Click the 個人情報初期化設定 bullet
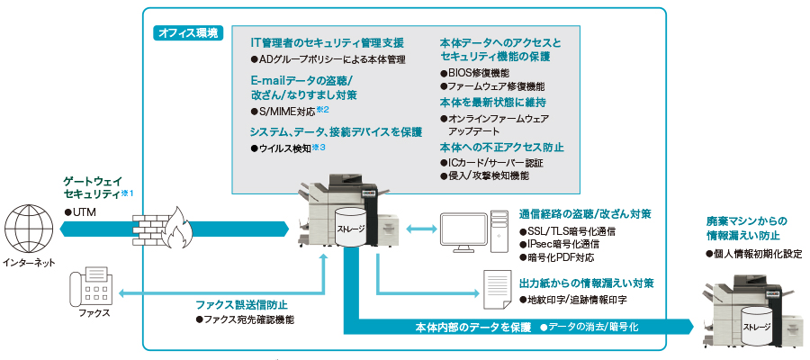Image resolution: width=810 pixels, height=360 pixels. pyautogui.click(x=753, y=254)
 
